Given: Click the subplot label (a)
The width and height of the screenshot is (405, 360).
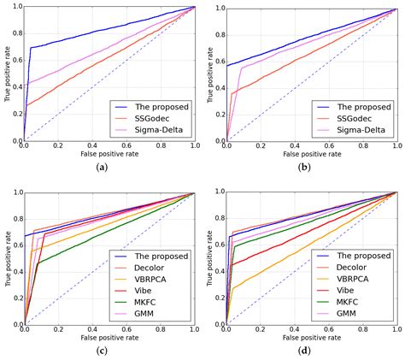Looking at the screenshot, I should (x=103, y=168).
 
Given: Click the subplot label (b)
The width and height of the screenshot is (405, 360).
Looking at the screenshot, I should (x=304, y=168).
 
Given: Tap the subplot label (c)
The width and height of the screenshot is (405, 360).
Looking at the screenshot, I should (x=103, y=352).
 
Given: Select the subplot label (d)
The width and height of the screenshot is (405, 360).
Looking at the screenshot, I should (x=304, y=352).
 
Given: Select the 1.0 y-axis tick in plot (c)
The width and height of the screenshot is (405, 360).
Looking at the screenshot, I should (x=16, y=193).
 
